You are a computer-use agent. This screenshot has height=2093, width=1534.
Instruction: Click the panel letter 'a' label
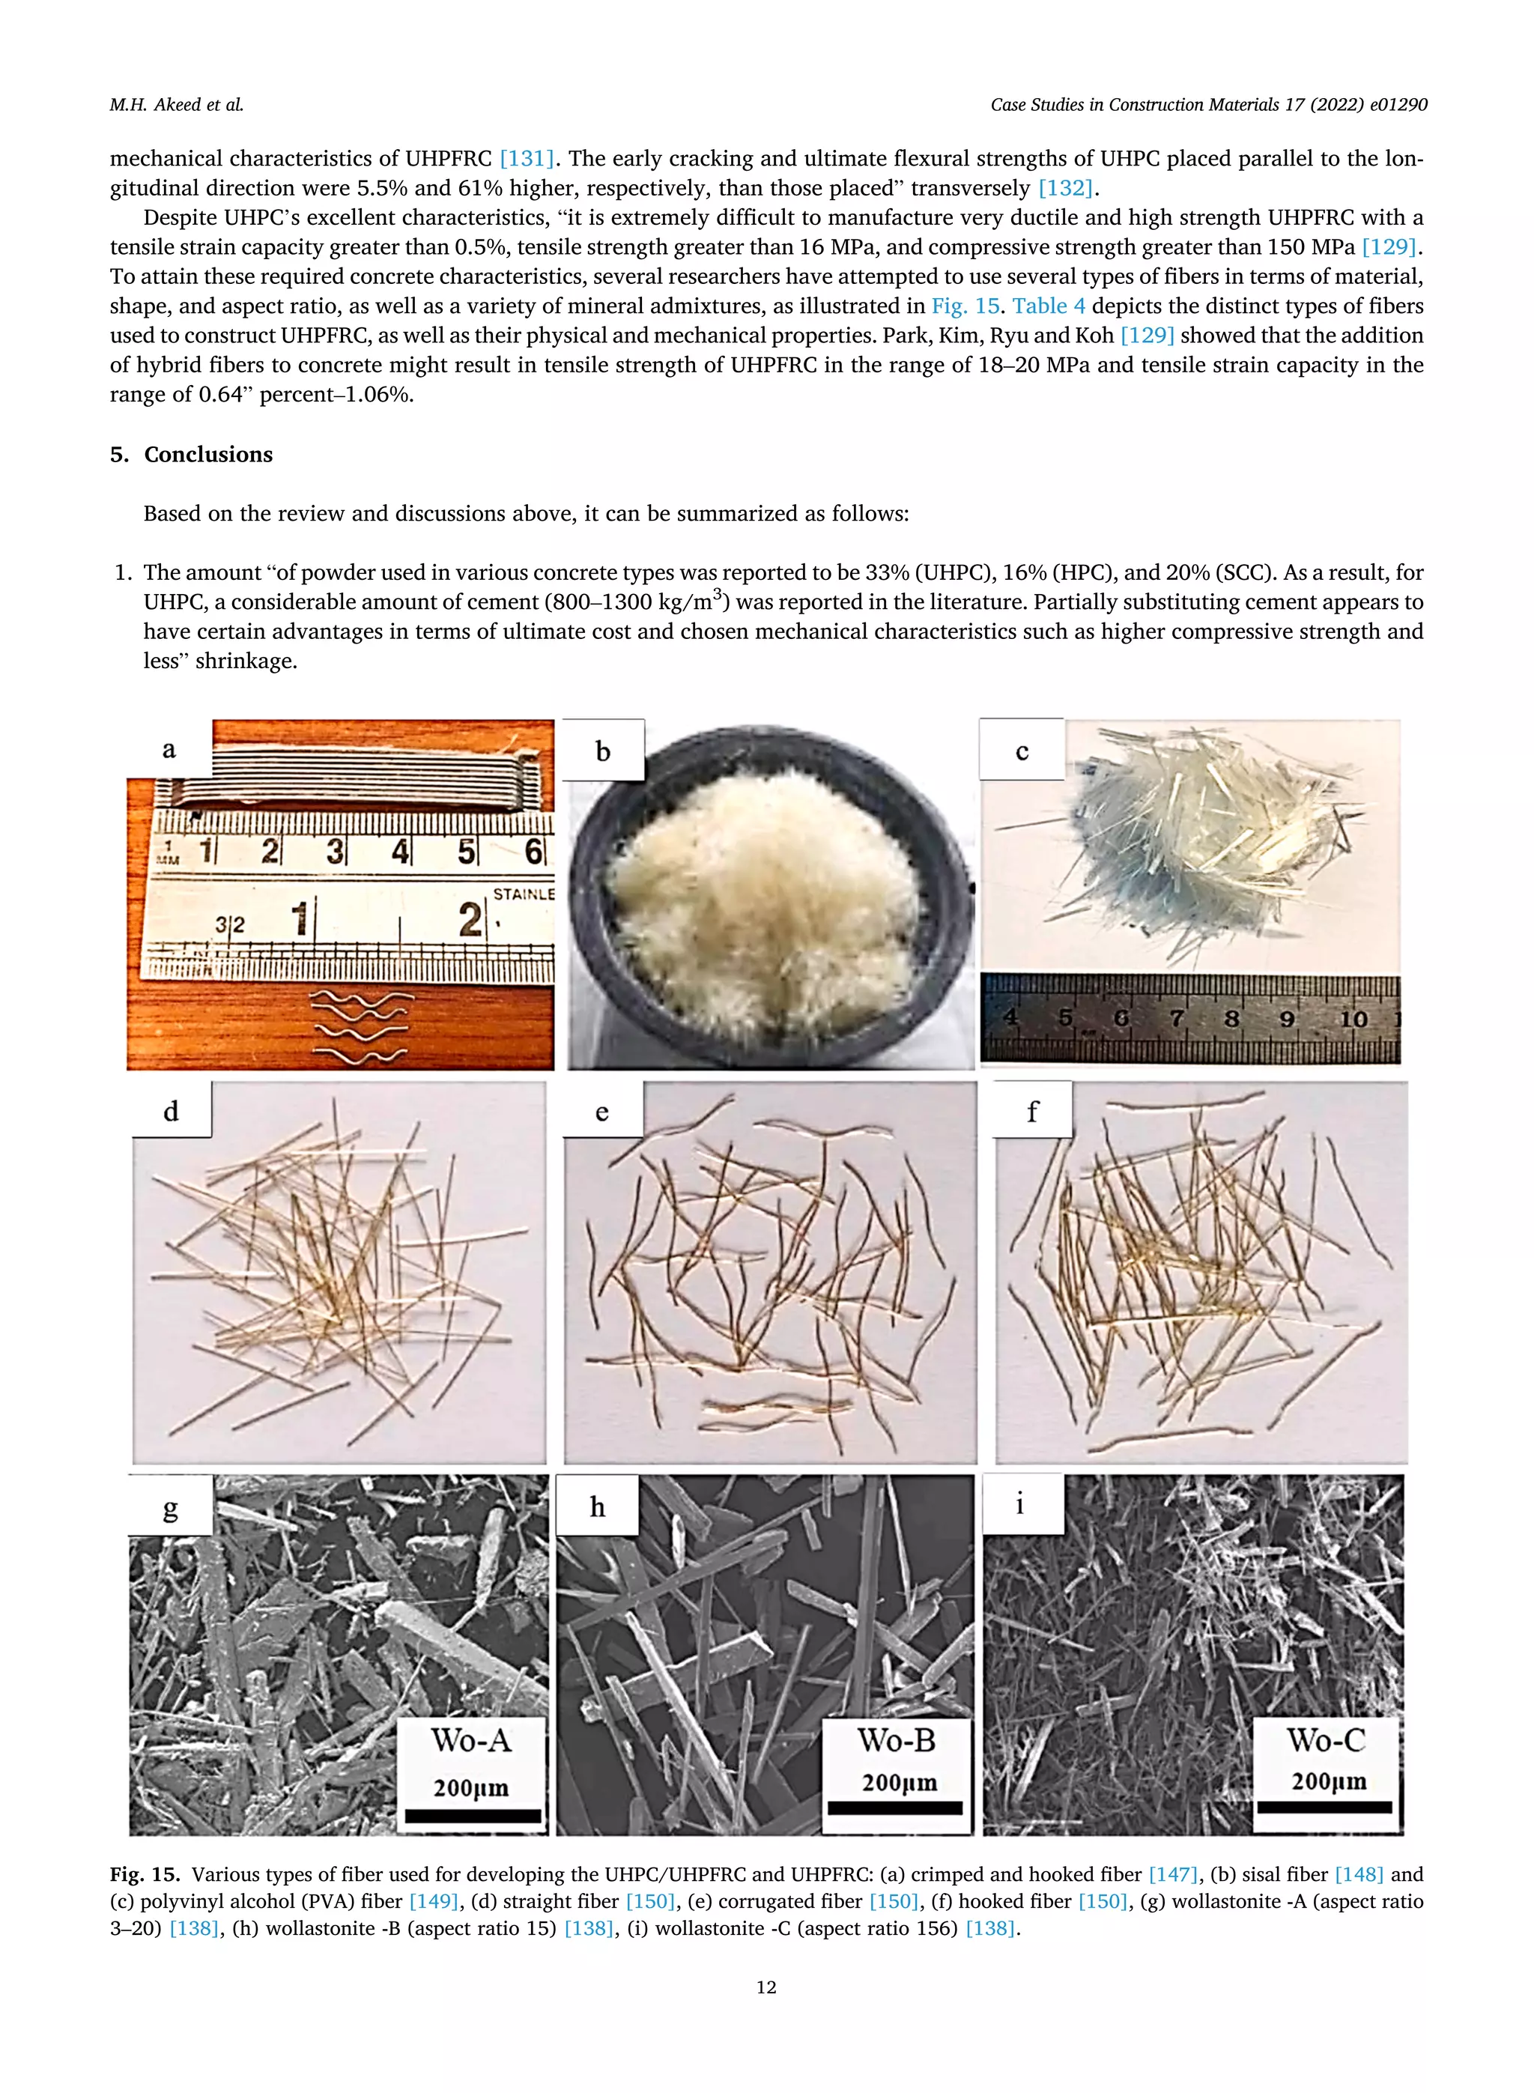coord(169,749)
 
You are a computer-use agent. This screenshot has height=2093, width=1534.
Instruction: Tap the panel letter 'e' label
coord(601,1112)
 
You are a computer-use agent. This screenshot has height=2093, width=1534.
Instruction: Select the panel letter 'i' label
coord(1019,1503)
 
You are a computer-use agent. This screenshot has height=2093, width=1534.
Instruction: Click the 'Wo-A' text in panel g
coord(471,1740)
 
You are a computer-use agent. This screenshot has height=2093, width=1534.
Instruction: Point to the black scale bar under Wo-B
coord(895,1807)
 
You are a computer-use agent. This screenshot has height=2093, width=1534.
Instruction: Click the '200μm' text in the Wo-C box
coord(1328,1781)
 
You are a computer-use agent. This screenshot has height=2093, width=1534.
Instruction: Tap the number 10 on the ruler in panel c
coord(1353,1019)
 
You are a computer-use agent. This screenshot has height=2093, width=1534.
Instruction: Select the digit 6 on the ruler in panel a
coord(534,849)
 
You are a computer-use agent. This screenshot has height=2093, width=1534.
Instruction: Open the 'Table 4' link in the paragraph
coord(1049,306)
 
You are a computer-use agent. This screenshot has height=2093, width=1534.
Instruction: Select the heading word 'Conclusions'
coord(208,454)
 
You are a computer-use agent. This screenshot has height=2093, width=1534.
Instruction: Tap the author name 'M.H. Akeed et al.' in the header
coord(177,105)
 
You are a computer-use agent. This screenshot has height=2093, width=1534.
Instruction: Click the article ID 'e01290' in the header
coord(1398,105)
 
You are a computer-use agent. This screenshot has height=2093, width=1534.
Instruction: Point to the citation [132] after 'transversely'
coord(1065,187)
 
